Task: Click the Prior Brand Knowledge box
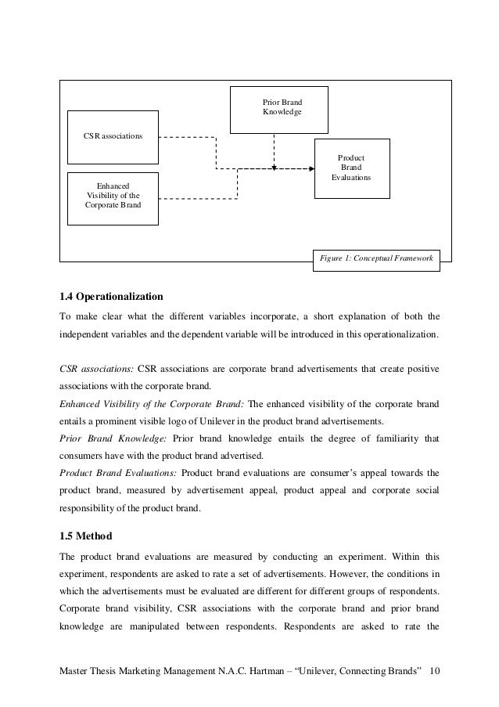click(278, 109)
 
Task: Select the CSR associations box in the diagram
click(113, 136)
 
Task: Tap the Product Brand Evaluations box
click(350, 168)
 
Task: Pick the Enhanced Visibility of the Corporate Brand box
click(113, 199)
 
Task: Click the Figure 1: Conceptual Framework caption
click(376, 259)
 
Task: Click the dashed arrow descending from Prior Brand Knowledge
click(274, 149)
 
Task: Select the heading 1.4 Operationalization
click(111, 297)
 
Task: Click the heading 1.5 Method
click(86, 536)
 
